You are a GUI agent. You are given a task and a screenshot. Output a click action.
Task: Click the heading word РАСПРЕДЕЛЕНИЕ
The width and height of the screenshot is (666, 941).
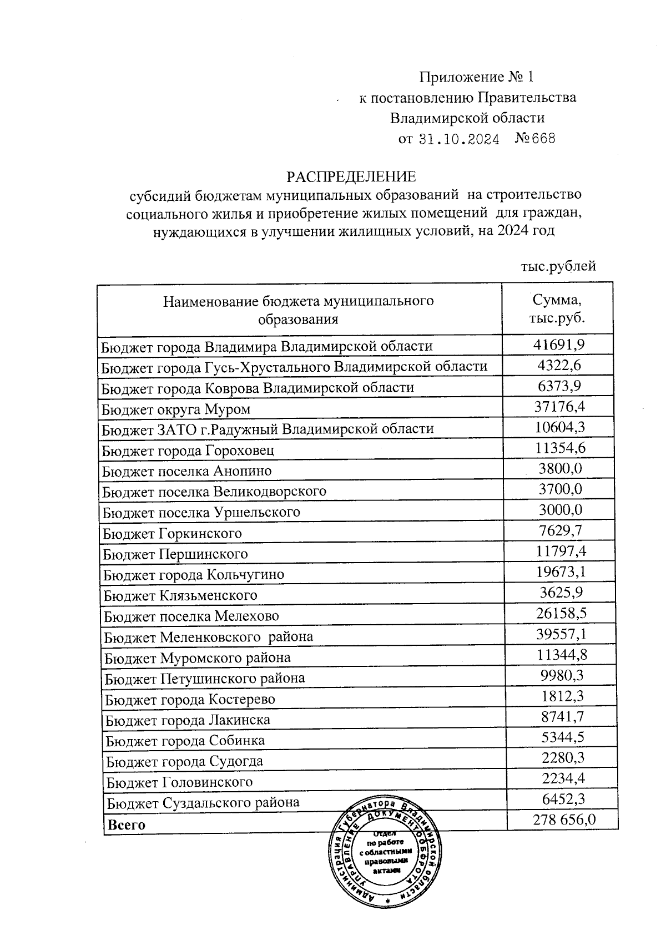coord(351,176)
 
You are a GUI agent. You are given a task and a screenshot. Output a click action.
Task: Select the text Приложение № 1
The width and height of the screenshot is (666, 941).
coord(476,77)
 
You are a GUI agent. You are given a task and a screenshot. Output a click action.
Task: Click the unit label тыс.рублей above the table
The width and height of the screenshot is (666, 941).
coord(558,266)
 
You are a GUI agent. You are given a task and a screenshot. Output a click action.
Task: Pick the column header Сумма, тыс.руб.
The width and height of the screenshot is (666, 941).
coord(557,310)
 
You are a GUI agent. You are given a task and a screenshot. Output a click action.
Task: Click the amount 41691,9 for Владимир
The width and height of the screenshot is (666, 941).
coord(559,345)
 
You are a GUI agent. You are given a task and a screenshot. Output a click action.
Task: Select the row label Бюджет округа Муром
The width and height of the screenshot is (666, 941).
coord(176,409)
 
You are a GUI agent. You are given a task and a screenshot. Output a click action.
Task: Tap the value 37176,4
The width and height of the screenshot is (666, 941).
coord(559,407)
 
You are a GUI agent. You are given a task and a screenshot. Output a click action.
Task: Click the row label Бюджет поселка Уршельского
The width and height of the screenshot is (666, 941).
coord(201,512)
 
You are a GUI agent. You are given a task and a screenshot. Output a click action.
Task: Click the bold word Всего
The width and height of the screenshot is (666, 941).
coord(127,824)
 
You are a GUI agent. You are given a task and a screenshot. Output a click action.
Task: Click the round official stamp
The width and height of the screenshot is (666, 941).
coord(387,855)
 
